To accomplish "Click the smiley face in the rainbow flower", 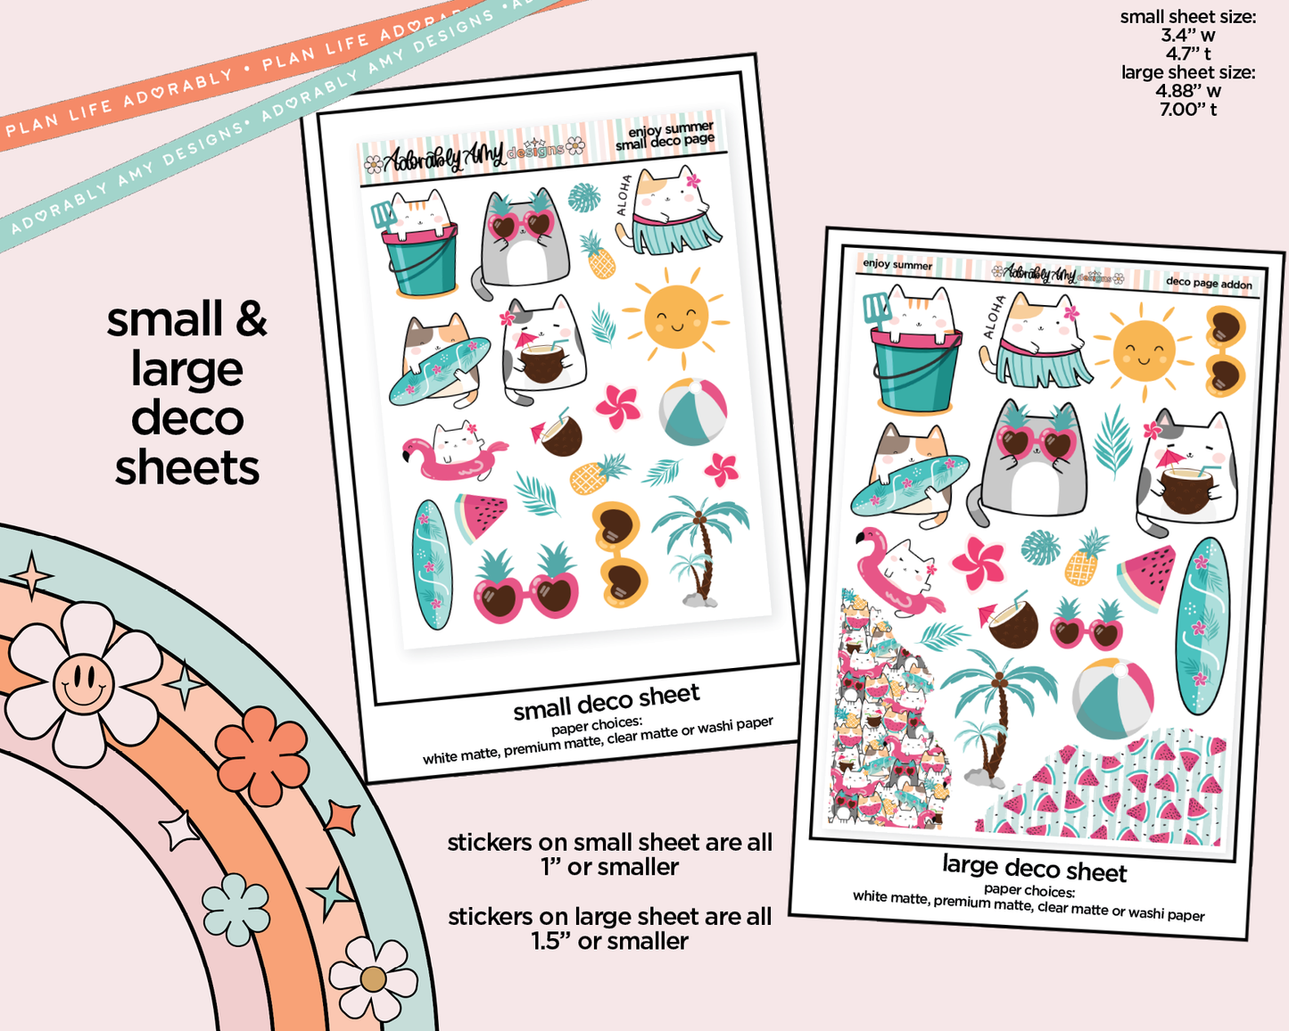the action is pyautogui.click(x=84, y=683).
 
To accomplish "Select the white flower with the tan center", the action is pyautogui.click(x=373, y=979).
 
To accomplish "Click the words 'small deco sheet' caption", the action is pyautogui.click(x=607, y=702).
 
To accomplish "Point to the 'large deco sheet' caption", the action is pyautogui.click(x=1035, y=869).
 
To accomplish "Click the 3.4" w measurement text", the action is pyautogui.click(x=1188, y=36).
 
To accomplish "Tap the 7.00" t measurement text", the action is pyautogui.click(x=1188, y=110).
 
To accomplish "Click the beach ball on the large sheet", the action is pyautogui.click(x=1113, y=698).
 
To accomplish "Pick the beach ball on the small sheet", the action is pyautogui.click(x=693, y=411).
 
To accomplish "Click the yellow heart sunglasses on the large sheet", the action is pyautogui.click(x=1225, y=351).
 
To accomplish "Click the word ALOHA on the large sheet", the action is pyautogui.click(x=991, y=318).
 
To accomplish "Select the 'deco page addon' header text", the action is pyautogui.click(x=1209, y=284).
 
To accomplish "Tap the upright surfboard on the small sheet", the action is pyautogui.click(x=431, y=565).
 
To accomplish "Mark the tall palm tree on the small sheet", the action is pyautogui.click(x=700, y=548).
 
